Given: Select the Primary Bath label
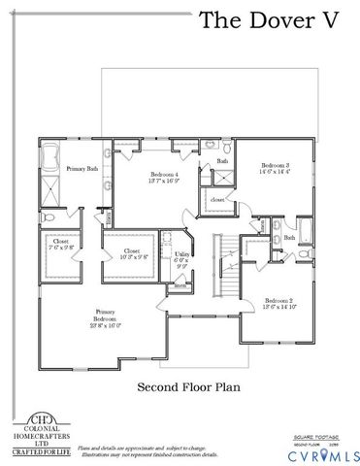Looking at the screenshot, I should point(82,169).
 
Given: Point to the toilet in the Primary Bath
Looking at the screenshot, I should point(49,216).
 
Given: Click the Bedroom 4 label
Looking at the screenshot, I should point(164,174).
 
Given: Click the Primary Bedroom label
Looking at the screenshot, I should point(105,316).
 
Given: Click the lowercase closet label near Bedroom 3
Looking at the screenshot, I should point(217,200).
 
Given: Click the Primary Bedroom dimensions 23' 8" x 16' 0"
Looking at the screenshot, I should point(105,327).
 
